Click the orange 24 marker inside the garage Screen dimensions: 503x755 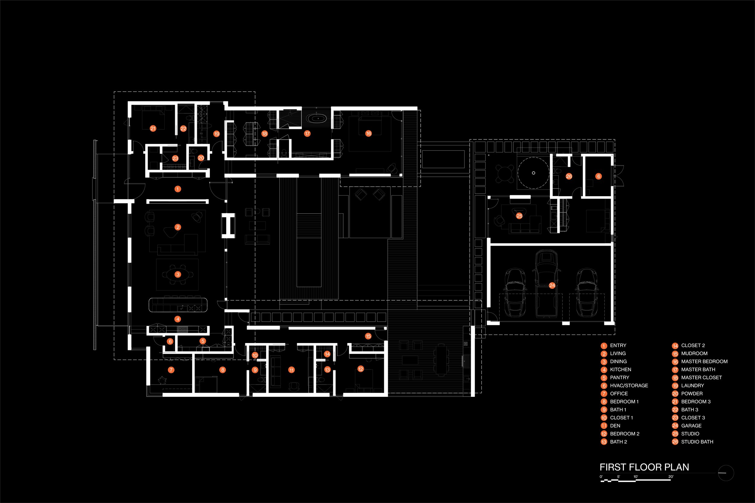tap(552, 285)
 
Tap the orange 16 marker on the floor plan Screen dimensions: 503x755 tap(368, 133)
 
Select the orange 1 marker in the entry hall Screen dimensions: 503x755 tap(178, 189)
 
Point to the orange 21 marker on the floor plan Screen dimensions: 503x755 tap(153, 128)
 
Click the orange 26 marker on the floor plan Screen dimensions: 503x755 tap(569, 176)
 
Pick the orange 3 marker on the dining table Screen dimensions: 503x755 tap(178, 274)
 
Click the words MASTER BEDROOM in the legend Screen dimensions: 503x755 tap(704, 361)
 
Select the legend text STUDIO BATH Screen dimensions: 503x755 tap(697, 442)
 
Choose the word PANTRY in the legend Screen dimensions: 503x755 tap(619, 377)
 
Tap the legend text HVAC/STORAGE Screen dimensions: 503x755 tap(629, 386)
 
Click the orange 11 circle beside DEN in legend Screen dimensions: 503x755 tap(604, 426)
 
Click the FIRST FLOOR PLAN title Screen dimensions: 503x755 tap(644, 467)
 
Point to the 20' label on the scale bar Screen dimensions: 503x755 tap(670, 477)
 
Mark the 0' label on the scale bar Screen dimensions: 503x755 tap(601, 477)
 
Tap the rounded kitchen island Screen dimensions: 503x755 tap(178, 305)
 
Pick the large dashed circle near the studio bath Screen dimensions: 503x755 tap(533, 173)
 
